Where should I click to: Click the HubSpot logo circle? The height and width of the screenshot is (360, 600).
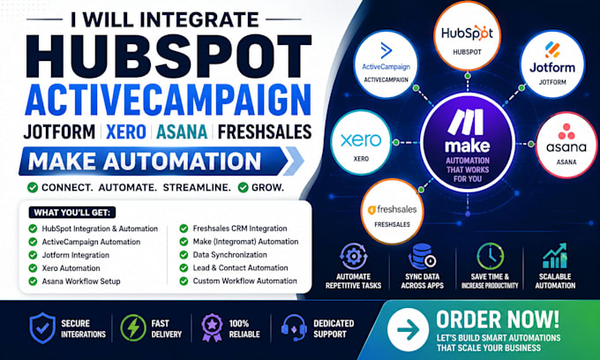467,37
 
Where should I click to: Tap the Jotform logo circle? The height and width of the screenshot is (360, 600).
552,64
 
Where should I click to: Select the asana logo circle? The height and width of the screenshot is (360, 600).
566,145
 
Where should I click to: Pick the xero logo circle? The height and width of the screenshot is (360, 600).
361,143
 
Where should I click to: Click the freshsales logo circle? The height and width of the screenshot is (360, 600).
393,212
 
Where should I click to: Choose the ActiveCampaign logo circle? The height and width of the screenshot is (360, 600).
386,64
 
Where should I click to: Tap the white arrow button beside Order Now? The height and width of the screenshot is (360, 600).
408,329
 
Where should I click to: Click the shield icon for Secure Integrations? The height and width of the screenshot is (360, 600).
42,328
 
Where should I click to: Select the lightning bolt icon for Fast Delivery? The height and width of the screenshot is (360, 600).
133,328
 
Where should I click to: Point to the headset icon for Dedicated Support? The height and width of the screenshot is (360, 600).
294,328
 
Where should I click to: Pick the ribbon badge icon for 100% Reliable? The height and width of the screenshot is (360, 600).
212,328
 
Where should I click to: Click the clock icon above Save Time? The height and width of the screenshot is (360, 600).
491,256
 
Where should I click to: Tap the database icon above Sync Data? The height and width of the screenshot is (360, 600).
422,256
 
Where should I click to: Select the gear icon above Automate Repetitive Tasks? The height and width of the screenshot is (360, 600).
354,256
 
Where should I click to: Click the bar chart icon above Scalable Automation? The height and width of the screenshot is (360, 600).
555,256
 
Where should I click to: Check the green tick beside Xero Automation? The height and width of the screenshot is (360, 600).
33,268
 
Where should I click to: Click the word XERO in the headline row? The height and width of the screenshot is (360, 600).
126,132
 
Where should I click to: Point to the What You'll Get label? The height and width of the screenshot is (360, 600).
72,213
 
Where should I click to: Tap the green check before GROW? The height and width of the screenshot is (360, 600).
243,187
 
